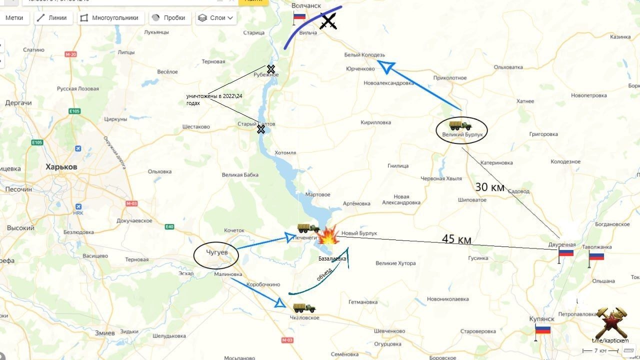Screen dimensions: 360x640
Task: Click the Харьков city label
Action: tap(61, 166)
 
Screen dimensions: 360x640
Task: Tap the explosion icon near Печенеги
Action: tap(328, 235)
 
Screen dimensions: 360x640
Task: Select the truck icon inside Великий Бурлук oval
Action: tap(460, 125)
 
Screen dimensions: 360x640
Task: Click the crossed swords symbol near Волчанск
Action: tap(328, 21)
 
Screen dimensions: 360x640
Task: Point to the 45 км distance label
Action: tap(456, 239)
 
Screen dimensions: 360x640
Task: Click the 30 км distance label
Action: tap(489, 187)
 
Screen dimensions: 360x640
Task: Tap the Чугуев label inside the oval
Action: tap(216, 253)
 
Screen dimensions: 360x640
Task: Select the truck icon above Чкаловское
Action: tap(304, 307)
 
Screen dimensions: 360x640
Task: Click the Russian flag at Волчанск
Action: tap(299, 16)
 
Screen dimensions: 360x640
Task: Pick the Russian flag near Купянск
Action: tap(542, 329)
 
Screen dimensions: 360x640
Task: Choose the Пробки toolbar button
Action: tap(168, 18)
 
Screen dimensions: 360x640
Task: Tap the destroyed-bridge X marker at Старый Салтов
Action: tap(260, 129)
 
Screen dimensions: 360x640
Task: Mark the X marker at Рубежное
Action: tap(270, 69)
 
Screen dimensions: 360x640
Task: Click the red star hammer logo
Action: tap(610, 322)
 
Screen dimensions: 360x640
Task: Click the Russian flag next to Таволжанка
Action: tap(596, 256)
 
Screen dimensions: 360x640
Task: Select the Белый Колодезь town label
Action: tap(364, 55)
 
